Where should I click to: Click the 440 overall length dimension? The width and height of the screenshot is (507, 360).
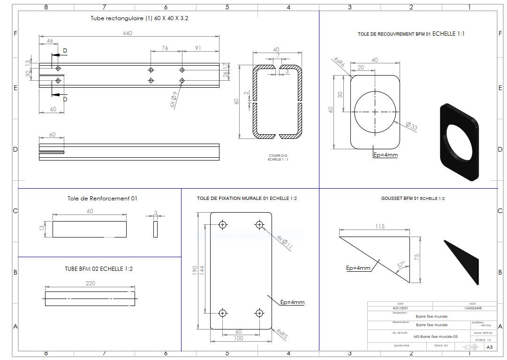point(127,33)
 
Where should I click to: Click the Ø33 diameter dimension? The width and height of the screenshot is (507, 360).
point(411,126)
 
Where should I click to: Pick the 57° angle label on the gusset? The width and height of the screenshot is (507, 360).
point(401,265)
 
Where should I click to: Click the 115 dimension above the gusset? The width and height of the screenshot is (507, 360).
point(379,227)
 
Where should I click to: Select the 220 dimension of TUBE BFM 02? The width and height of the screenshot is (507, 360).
point(90,283)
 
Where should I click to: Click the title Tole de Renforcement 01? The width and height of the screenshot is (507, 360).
point(102,199)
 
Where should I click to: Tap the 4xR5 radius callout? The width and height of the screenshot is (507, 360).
point(282,334)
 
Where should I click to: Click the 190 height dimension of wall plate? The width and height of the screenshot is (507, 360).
point(195,271)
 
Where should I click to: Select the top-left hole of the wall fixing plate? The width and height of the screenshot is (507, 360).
point(222,223)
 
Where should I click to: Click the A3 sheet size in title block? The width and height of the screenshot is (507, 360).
point(489,347)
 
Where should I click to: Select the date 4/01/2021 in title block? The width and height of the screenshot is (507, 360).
point(400,308)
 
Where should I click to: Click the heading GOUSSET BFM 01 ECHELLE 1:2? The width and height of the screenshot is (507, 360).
point(413,199)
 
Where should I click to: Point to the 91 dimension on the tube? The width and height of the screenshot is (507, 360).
point(198,48)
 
